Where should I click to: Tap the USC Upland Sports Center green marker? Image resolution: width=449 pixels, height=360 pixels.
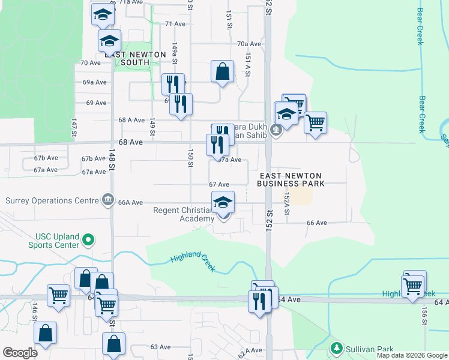[89, 241]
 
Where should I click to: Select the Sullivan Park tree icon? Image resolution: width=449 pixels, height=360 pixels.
[336, 348]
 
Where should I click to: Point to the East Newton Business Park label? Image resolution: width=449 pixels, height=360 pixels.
[291, 179]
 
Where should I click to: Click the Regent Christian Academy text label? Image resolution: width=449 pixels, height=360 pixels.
[184, 214]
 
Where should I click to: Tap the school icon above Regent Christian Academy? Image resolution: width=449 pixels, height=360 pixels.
[223, 202]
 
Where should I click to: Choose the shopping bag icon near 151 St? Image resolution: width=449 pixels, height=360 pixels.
[222, 71]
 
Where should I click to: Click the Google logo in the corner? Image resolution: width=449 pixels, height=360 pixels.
[20, 352]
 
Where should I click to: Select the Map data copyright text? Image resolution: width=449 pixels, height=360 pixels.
[412, 355]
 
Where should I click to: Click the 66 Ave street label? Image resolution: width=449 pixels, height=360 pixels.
[316, 223]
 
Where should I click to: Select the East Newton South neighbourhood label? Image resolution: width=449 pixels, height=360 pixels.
[134, 58]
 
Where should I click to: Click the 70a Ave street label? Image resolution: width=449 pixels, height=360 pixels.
[249, 44]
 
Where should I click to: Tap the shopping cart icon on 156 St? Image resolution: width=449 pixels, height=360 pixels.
[414, 284]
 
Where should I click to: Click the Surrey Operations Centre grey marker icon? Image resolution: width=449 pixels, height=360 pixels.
[107, 199]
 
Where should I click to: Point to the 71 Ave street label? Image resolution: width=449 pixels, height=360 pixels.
[175, 23]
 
